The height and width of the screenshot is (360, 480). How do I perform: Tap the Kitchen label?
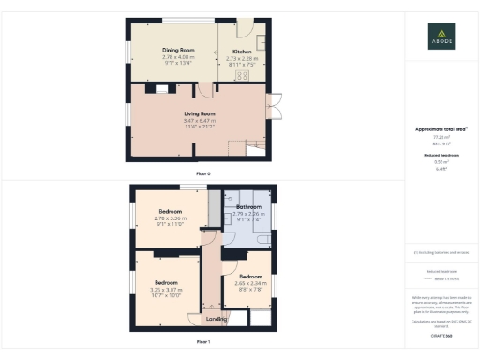click(242, 51)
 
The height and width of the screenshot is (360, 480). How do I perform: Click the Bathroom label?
click(248, 206)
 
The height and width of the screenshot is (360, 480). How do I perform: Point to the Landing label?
click(216, 320)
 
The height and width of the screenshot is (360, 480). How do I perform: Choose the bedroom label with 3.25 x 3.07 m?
click(166, 282)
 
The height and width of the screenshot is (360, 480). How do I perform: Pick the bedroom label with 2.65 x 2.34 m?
click(249, 277)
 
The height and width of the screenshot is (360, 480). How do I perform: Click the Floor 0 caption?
click(202, 174)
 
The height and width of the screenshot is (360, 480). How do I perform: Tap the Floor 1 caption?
click(202, 343)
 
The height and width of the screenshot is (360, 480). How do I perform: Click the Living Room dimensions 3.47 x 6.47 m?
click(200, 121)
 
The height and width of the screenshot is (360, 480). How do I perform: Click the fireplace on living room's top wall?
click(161, 90)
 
